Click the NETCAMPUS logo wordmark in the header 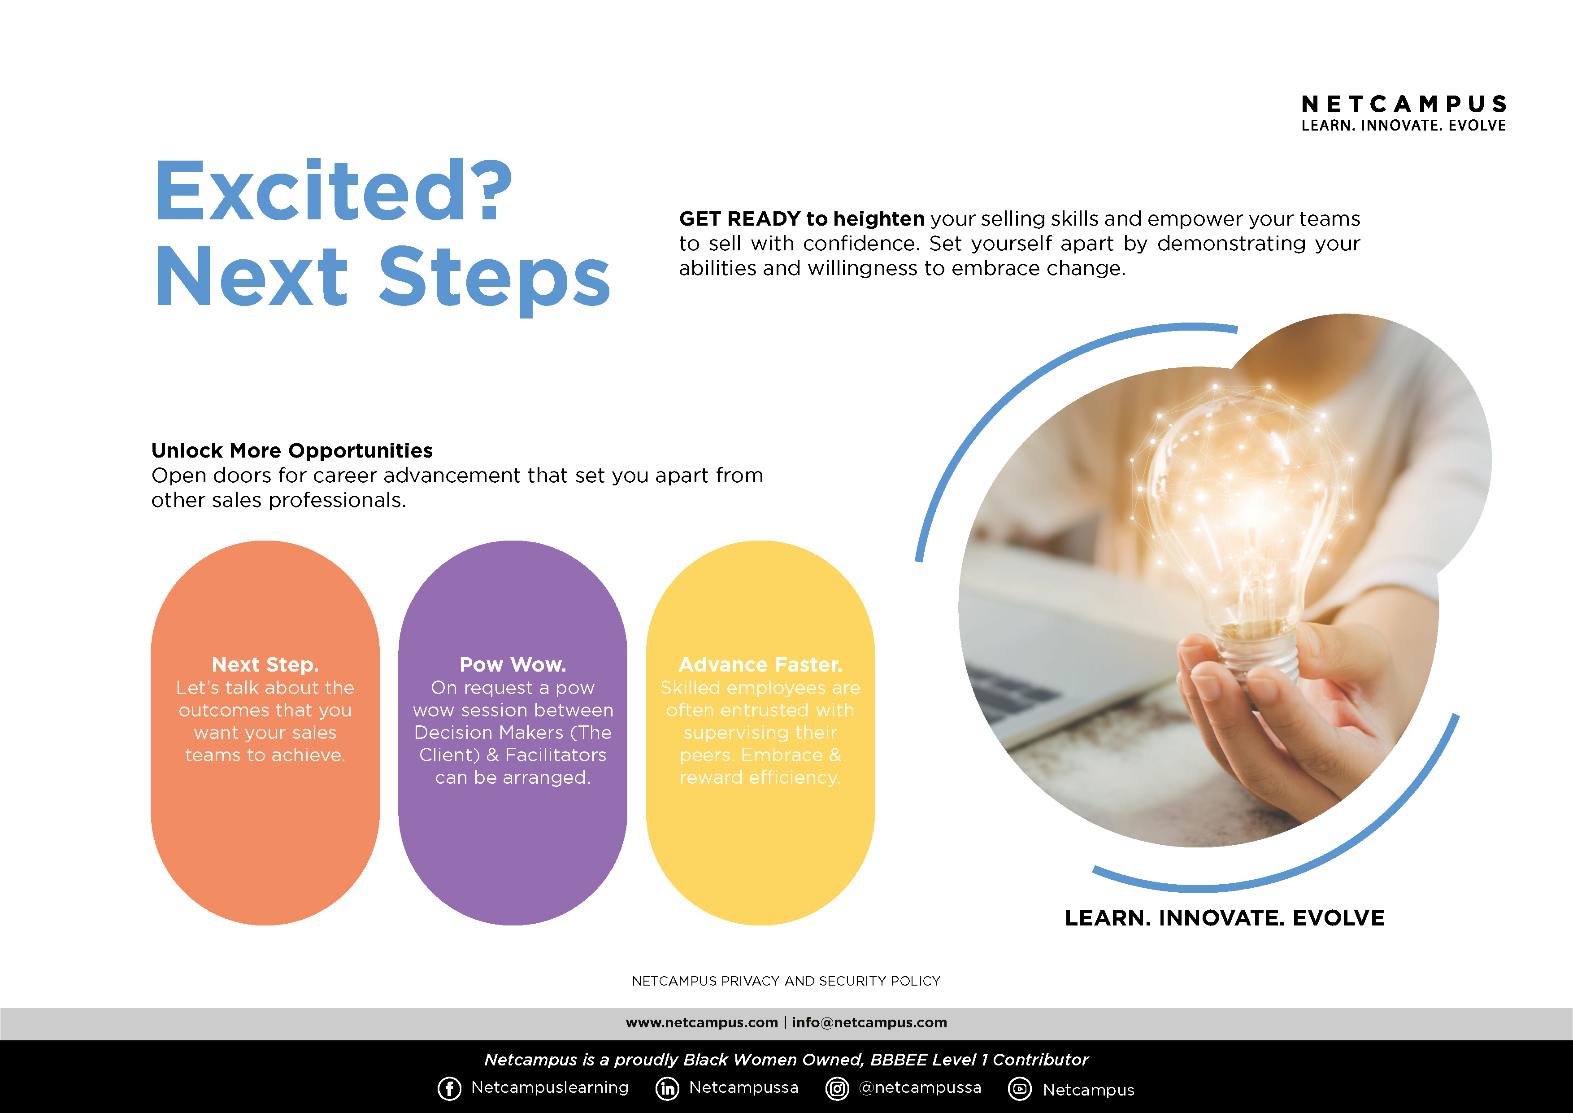[x=1403, y=104]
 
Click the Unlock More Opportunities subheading [x=292, y=450]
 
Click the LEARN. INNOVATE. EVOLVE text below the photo [x=1224, y=918]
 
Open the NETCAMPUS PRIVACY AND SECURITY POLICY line [x=786, y=981]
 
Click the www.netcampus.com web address [x=702, y=1022]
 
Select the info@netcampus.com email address [x=869, y=1022]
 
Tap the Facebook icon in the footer [x=449, y=1088]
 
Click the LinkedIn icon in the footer [x=667, y=1088]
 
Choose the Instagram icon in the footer [x=837, y=1088]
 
